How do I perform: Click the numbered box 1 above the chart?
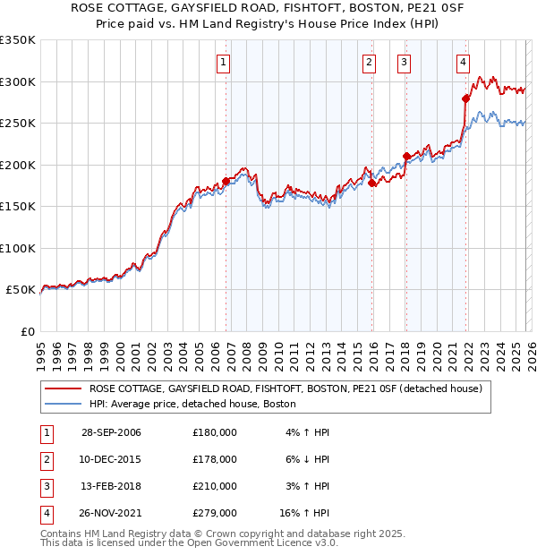click(x=223, y=63)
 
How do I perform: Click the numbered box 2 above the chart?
click(x=369, y=63)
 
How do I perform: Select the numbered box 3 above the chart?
click(x=405, y=63)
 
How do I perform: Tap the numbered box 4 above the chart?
click(x=463, y=63)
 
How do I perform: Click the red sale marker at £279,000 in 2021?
click(x=466, y=98)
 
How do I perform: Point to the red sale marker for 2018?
click(x=406, y=156)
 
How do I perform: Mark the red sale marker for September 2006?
click(x=226, y=181)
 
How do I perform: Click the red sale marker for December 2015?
click(x=372, y=183)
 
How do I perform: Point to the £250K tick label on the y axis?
click(x=18, y=124)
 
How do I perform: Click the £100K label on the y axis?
click(x=18, y=248)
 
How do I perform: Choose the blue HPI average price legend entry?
click(x=192, y=405)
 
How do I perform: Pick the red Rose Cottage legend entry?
click(x=286, y=388)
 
